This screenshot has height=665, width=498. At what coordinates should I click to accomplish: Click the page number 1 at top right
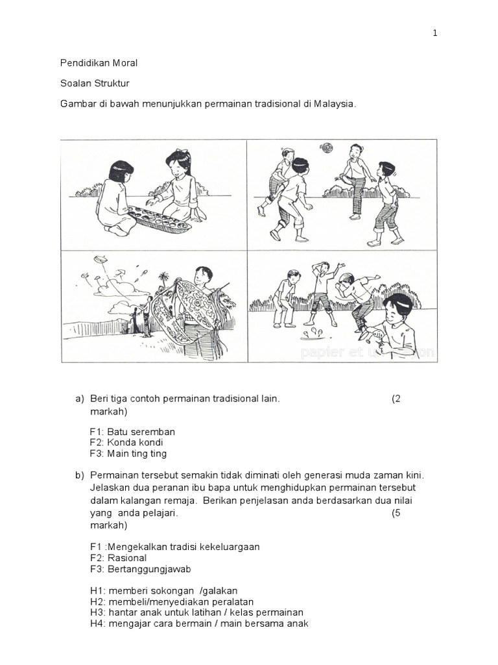pos(436,34)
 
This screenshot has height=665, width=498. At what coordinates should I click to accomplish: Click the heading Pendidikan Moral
pos(99,63)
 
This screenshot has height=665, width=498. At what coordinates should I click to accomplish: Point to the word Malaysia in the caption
pos(335,104)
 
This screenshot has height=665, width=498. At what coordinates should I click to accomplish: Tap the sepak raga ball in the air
pos(326,147)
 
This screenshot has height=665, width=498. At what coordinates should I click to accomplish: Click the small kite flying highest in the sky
pos(101,259)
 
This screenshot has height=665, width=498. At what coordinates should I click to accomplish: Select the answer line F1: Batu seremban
pos(132,432)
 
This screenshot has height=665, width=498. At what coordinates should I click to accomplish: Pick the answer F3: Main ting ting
pos(128,454)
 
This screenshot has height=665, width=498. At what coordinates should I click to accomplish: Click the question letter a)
pos(80,399)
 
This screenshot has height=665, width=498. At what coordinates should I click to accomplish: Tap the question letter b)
pos(80,475)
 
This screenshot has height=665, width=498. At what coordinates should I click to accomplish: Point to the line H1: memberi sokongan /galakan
pos(163,591)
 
